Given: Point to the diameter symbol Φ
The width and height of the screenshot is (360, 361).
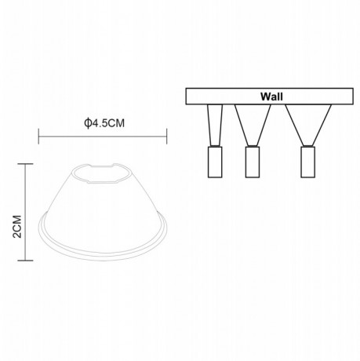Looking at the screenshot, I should click(x=86, y=122).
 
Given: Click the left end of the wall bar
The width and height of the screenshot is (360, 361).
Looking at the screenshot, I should click(x=187, y=97).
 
